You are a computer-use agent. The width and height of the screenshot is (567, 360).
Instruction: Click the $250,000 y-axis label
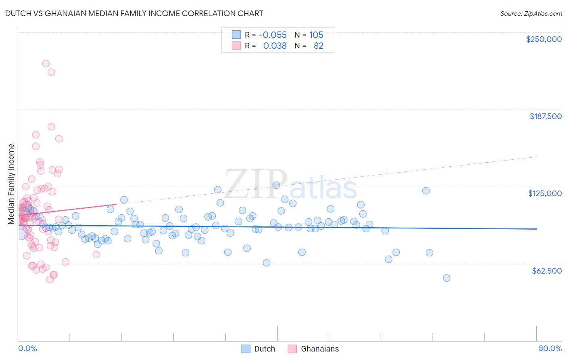[544, 39]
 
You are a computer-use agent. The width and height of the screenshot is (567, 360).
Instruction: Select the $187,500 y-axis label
[545, 116]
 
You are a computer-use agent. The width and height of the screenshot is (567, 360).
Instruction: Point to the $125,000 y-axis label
[545, 193]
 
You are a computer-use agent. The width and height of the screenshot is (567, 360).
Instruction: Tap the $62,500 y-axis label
[546, 271]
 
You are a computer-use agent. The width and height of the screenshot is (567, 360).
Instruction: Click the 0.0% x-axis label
[27, 348]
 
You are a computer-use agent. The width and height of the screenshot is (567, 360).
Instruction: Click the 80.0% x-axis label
[550, 348]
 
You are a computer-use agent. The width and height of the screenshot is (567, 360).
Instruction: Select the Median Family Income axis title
[11, 184]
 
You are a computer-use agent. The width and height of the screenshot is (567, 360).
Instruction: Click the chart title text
[134, 13]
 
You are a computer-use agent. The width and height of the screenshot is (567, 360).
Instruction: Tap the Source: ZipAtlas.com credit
[531, 13]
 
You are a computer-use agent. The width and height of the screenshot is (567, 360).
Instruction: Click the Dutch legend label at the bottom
[265, 349]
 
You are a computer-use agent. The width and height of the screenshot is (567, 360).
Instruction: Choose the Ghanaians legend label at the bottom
[320, 349]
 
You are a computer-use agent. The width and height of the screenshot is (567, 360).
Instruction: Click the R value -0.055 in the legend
[273, 35]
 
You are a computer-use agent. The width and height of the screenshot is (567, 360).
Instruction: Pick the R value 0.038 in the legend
[275, 46]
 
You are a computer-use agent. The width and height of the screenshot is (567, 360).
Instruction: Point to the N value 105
[316, 35]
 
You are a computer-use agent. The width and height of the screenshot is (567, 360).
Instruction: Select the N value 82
[318, 46]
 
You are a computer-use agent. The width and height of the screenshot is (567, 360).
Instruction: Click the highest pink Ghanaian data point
[46, 63]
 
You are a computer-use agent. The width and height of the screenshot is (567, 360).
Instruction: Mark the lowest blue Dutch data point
[446, 278]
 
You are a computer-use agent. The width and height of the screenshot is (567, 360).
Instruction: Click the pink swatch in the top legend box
[236, 46]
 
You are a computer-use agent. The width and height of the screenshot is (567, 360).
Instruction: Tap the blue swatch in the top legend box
[236, 35]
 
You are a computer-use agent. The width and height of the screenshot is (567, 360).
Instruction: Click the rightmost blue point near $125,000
[426, 190]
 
